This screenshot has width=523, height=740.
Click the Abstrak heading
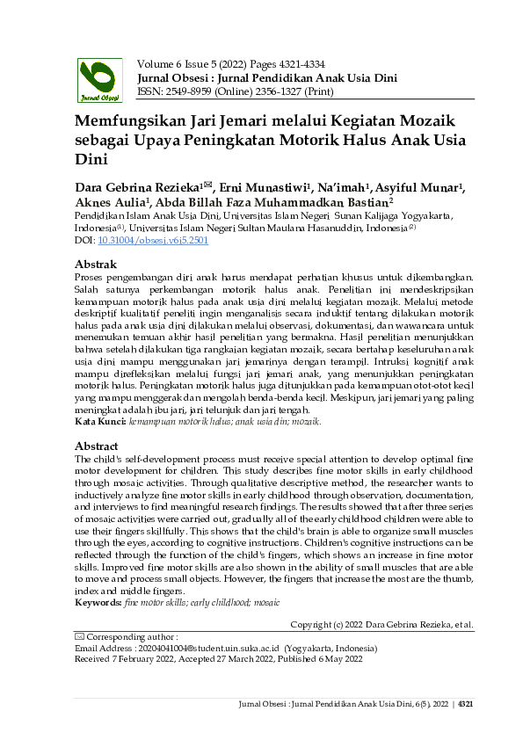click(x=96, y=264)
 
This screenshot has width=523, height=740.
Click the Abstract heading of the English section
click(x=97, y=446)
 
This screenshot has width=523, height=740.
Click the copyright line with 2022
click(x=381, y=625)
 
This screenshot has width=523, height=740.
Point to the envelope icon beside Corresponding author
click(x=79, y=636)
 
